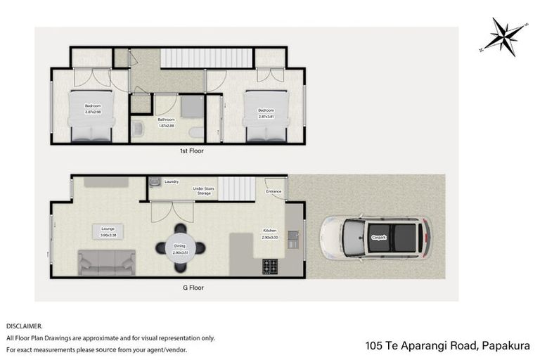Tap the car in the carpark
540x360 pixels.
point(375,238)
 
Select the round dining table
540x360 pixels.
point(181,248)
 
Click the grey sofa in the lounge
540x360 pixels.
point(106,262)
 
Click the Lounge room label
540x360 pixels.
point(108,228)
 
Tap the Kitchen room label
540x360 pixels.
point(270,231)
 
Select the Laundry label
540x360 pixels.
point(172,182)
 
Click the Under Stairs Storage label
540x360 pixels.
point(204,190)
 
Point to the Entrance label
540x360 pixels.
point(274,191)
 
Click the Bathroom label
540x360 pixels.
point(166,120)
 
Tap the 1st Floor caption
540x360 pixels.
point(191,150)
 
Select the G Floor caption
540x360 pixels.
point(191,287)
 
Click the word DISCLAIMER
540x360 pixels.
point(24,326)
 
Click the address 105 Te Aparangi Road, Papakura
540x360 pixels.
point(447,345)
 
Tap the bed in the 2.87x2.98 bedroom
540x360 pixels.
point(91,116)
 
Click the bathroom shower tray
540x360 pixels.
point(190,105)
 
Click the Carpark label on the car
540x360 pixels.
point(379,238)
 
